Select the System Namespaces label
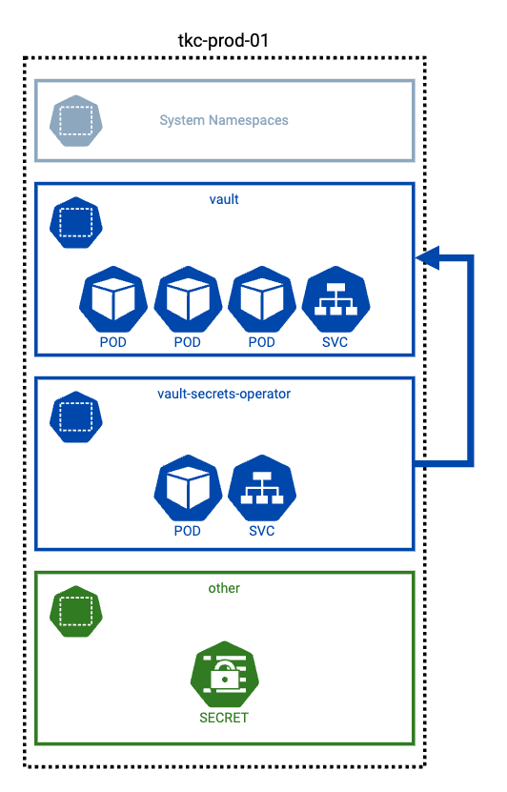224,121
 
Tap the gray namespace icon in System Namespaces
75,121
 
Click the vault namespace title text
224,199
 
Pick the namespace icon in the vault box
75,222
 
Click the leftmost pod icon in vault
113,299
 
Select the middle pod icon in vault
188,299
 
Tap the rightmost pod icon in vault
262,299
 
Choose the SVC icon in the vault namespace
336,299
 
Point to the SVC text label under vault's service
336,342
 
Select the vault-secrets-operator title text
224,394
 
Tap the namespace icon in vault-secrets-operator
75,416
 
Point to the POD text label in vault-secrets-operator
188,530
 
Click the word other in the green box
224,588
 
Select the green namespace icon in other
75,611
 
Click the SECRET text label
224,718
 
